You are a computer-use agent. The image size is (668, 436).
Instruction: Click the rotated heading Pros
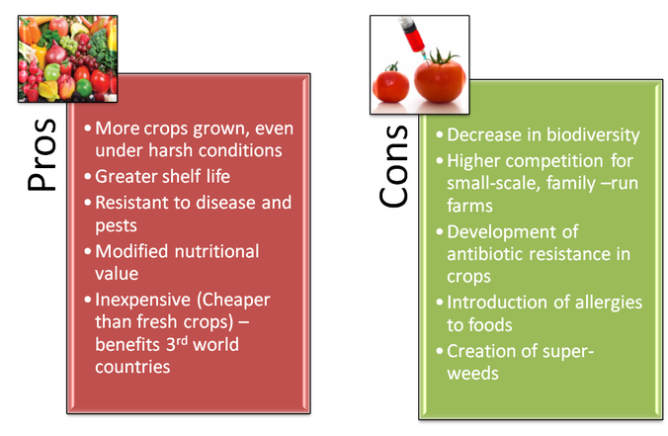[x=42, y=154]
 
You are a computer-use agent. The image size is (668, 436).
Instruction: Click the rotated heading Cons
[x=393, y=166]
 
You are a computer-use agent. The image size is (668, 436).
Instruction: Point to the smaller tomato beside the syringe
[x=390, y=83]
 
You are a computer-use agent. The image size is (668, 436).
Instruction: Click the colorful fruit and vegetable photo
[x=68, y=58]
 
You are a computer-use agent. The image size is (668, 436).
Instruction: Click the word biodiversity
[x=593, y=135]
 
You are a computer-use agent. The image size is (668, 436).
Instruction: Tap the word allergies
[x=609, y=304]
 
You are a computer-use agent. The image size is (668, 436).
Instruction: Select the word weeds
[x=472, y=374]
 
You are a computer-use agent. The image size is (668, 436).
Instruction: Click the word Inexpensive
[x=142, y=300]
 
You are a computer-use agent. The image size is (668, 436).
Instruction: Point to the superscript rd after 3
[x=182, y=340]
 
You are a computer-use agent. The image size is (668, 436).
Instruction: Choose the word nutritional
[x=216, y=251]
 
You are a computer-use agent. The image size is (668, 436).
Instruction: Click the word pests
[x=116, y=226]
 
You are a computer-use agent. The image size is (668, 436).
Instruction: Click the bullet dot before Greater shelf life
[x=88, y=176]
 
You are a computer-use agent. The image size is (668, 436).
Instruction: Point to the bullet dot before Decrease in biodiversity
[x=440, y=135]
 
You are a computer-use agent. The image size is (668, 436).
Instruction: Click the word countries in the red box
[x=132, y=367]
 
